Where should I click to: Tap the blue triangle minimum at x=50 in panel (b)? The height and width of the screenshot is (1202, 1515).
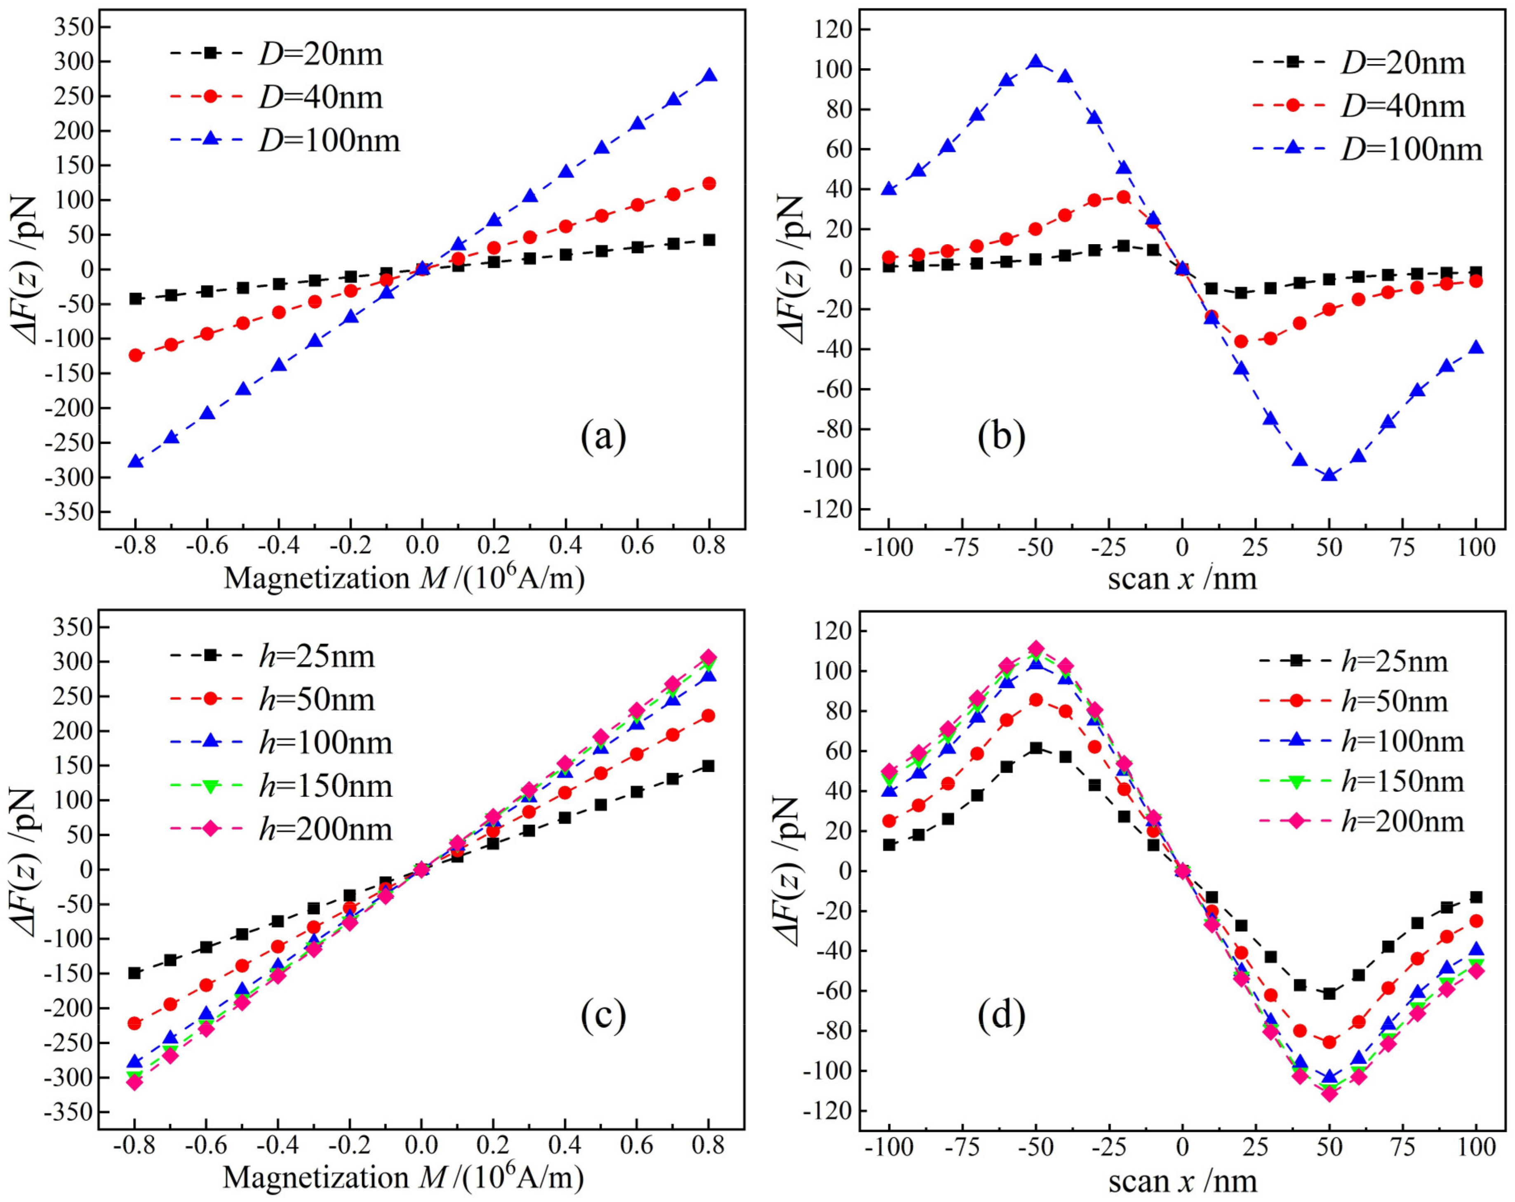click(x=1329, y=475)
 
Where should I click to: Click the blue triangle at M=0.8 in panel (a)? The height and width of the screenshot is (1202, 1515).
click(x=709, y=75)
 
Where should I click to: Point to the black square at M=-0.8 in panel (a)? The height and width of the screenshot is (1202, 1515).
click(x=136, y=299)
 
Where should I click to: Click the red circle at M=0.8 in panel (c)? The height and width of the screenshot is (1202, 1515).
click(x=708, y=716)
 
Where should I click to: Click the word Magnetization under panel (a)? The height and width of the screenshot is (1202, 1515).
click(x=316, y=578)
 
